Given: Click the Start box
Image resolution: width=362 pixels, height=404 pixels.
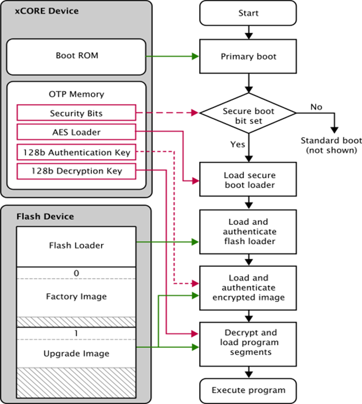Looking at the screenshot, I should click(249, 13).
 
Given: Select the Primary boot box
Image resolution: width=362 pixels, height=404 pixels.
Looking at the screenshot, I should click(249, 56).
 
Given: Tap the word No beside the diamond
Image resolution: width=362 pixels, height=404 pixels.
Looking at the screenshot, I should click(316, 107).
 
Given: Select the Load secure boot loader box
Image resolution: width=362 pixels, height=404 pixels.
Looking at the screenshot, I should click(249, 180).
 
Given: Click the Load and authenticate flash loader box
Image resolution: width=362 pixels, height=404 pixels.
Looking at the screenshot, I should click(249, 231).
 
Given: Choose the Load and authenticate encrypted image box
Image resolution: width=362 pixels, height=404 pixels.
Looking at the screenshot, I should click(249, 287).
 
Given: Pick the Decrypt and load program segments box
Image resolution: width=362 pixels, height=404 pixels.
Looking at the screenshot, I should click(249, 343).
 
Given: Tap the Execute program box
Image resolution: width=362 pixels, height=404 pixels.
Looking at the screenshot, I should click(249, 390).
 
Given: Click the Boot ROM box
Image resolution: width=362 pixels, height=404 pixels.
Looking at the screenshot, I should click(76, 55).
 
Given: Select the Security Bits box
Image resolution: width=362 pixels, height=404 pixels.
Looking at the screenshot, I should click(76, 113).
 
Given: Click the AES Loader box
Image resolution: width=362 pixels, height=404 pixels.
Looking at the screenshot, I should click(76, 132).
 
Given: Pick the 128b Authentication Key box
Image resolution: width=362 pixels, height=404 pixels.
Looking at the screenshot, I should click(76, 152).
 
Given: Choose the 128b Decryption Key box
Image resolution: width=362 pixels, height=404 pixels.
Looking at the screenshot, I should click(76, 171).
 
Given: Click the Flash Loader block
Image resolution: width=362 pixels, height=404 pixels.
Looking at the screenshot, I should click(76, 245).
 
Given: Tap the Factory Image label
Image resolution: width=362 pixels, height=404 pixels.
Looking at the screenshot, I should click(76, 297).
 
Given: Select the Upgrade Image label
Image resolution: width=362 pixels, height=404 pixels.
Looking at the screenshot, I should click(76, 353).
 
